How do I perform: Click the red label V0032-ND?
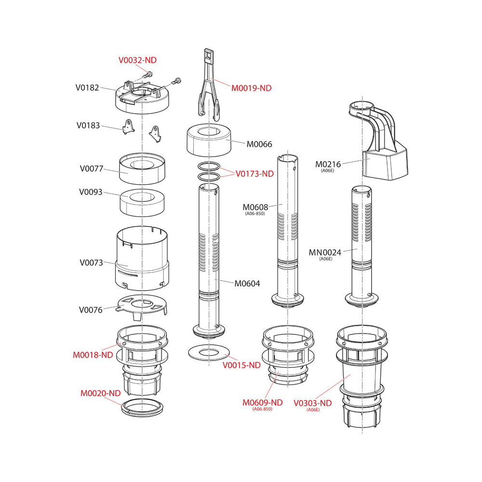coord(137,60)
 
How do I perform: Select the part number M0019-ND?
coord(251,88)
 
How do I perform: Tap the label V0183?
coord(88,125)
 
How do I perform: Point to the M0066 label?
coord(259,144)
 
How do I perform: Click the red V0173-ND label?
coord(254,174)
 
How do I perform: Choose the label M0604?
coord(247,283)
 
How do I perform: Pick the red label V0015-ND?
coord(241,365)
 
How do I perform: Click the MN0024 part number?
coord(325,253)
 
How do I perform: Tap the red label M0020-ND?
coord(101,393)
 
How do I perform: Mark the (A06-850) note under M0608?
coord(255,214)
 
